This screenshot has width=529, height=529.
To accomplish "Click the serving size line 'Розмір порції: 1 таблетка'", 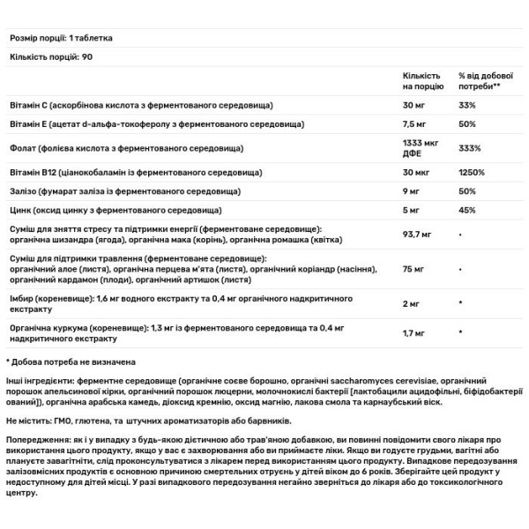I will click(65, 39).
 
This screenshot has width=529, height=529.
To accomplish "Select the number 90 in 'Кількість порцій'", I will click(86, 56).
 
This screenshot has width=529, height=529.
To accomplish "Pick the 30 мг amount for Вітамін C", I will click(414, 107).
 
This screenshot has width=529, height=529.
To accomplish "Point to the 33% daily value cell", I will click(467, 107).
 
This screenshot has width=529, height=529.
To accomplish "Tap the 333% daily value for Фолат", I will click(470, 150).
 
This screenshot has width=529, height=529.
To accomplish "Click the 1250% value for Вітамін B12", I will click(472, 173).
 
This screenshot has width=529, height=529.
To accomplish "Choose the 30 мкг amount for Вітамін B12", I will click(415, 173).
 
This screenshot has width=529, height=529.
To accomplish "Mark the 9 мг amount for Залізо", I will click(411, 191).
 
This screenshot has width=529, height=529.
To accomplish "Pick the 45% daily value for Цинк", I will click(467, 210).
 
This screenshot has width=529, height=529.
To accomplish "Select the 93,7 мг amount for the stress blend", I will click(418, 235).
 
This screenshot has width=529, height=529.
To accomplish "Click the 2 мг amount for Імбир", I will click(411, 304).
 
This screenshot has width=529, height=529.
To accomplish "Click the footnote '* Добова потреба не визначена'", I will click(71, 361).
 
